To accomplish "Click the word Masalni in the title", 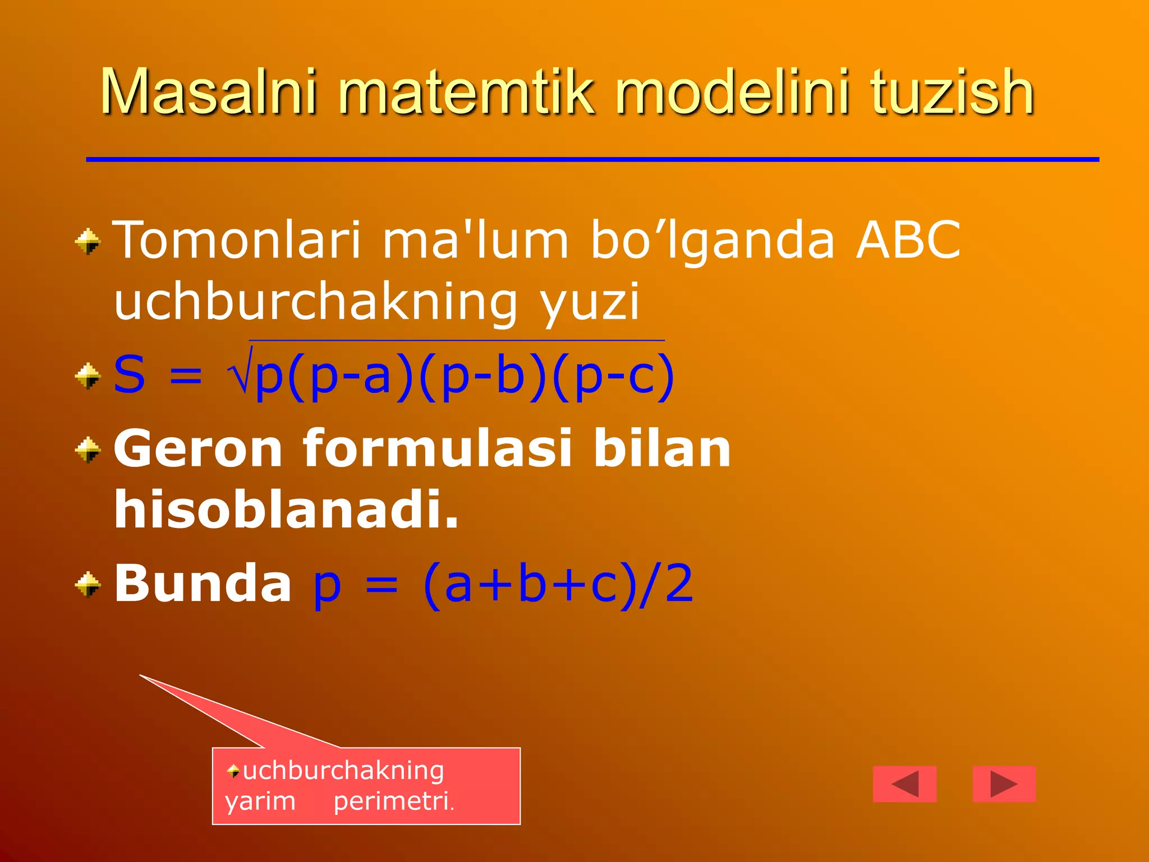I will [208, 91].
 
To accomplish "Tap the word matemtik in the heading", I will [466, 91].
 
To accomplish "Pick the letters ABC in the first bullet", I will [908, 240].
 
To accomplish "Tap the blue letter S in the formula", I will [130, 375].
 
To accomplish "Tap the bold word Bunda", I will [203, 584].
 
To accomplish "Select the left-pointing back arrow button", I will [904, 784].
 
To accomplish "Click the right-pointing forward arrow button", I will [1004, 784].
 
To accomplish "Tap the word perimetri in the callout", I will [393, 801].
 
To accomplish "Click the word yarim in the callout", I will [260, 801].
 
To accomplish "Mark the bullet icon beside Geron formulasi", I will [88, 450].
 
